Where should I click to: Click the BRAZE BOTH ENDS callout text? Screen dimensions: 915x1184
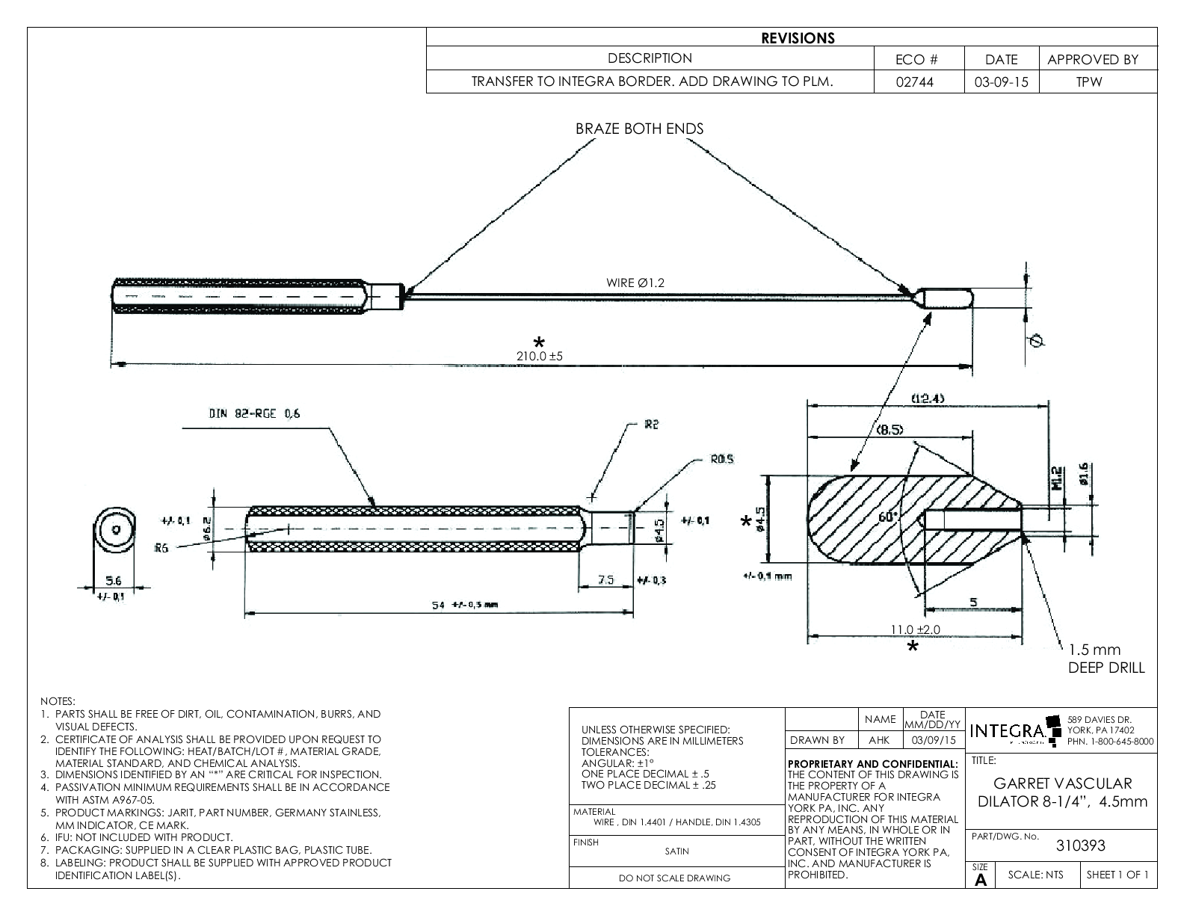click(x=639, y=129)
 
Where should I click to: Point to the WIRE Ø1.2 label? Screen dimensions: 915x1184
click(x=635, y=283)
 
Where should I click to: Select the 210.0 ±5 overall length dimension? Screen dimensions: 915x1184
click(x=539, y=357)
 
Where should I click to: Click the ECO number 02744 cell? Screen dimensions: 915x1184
click(x=919, y=81)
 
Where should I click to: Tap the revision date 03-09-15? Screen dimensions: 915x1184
click(x=1001, y=81)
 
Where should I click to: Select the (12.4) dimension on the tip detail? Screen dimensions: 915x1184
click(x=928, y=398)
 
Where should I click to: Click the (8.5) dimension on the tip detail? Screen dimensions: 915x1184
click(x=889, y=429)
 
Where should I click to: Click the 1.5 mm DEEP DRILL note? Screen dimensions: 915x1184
click(x=1106, y=659)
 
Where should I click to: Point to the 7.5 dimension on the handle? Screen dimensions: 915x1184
click(x=606, y=579)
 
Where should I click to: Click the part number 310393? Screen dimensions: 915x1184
click(x=1079, y=846)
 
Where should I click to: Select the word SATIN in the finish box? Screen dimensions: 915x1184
click(x=676, y=851)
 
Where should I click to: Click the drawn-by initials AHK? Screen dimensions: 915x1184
click(x=880, y=740)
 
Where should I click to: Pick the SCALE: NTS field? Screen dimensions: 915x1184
click(x=1036, y=875)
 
